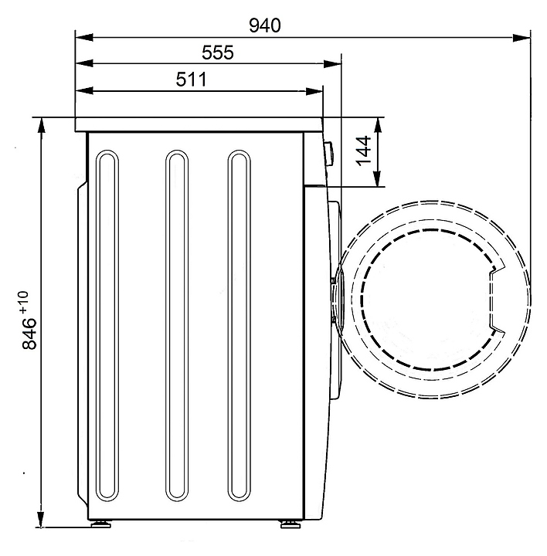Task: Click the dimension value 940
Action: tap(265, 25)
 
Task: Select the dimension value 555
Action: tap(218, 53)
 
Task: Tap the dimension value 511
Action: tap(191, 80)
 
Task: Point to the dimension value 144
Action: tap(363, 151)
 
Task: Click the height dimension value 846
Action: tap(29, 334)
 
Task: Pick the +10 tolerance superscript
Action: tap(23, 302)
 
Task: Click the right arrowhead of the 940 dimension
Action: tap(522, 37)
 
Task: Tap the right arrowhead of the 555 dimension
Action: tap(332, 64)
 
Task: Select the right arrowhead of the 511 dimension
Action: tap(314, 91)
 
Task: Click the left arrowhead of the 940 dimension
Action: tap(84, 37)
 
